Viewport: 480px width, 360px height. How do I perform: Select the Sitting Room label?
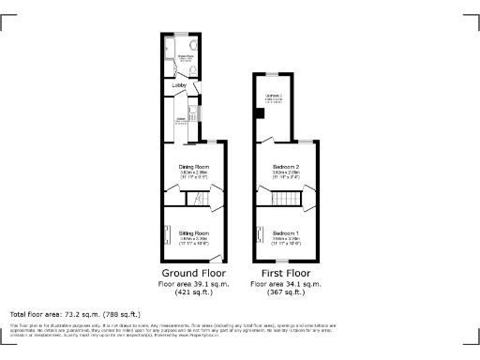pyautogui.click(x=194, y=232)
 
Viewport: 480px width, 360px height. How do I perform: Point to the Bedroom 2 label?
pyautogui.click(x=285, y=167)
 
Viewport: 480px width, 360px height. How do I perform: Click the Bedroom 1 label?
pyautogui.click(x=285, y=232)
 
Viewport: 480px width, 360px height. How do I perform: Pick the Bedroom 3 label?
pyautogui.click(x=273, y=96)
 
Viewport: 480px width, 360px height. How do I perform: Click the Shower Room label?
pyautogui.click(x=186, y=56)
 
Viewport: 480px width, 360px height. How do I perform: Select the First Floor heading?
pyautogui.click(x=285, y=273)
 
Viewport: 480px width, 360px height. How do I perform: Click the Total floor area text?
pyautogui.click(x=75, y=313)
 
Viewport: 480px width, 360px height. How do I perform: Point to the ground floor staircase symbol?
pyautogui.click(x=197, y=198)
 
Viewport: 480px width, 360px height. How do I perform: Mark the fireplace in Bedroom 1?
pyautogui.click(x=260, y=234)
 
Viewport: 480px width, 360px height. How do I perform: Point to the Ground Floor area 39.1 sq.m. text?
pyautogui.click(x=193, y=282)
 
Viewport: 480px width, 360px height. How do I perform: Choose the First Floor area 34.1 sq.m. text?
pyautogui.click(x=285, y=282)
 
